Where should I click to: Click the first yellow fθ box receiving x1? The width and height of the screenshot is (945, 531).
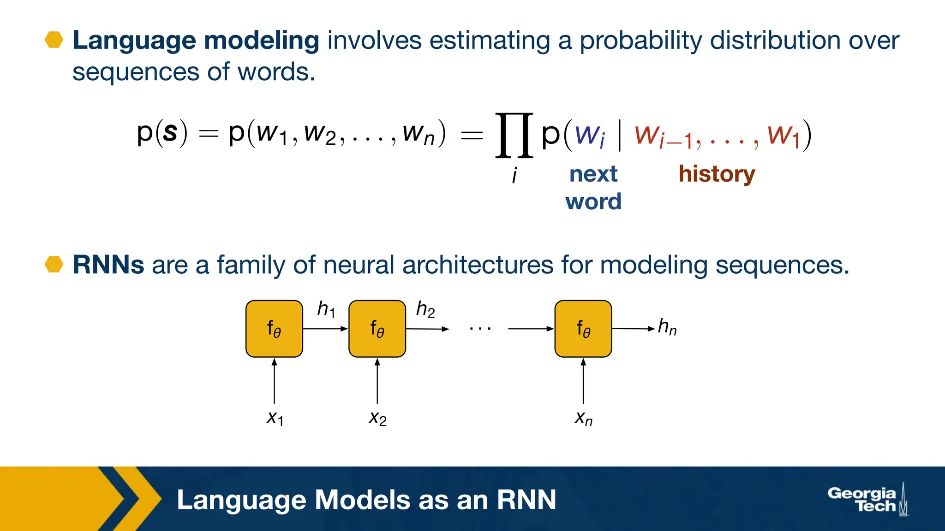274,329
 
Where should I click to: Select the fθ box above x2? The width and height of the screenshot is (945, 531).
377,329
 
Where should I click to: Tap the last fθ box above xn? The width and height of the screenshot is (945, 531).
583,329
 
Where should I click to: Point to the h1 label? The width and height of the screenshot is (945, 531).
326,309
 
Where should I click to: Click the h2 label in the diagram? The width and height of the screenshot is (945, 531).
425,309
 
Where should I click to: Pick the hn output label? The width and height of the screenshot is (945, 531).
667,327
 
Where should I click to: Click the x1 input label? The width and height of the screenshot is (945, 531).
275,418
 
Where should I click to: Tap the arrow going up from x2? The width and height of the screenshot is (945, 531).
377,382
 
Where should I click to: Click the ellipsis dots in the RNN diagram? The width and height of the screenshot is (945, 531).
480,329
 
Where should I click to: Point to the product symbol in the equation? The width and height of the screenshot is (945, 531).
514,135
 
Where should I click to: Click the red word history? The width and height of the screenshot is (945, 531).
716,174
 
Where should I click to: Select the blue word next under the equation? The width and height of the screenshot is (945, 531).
593,174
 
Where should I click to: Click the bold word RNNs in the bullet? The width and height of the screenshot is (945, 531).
108,265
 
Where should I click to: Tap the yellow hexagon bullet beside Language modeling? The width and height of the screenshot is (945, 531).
54,40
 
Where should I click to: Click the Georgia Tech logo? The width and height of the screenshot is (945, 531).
867,500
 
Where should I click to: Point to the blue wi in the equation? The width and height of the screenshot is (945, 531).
590,136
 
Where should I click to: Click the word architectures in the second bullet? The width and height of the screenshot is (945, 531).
478,265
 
